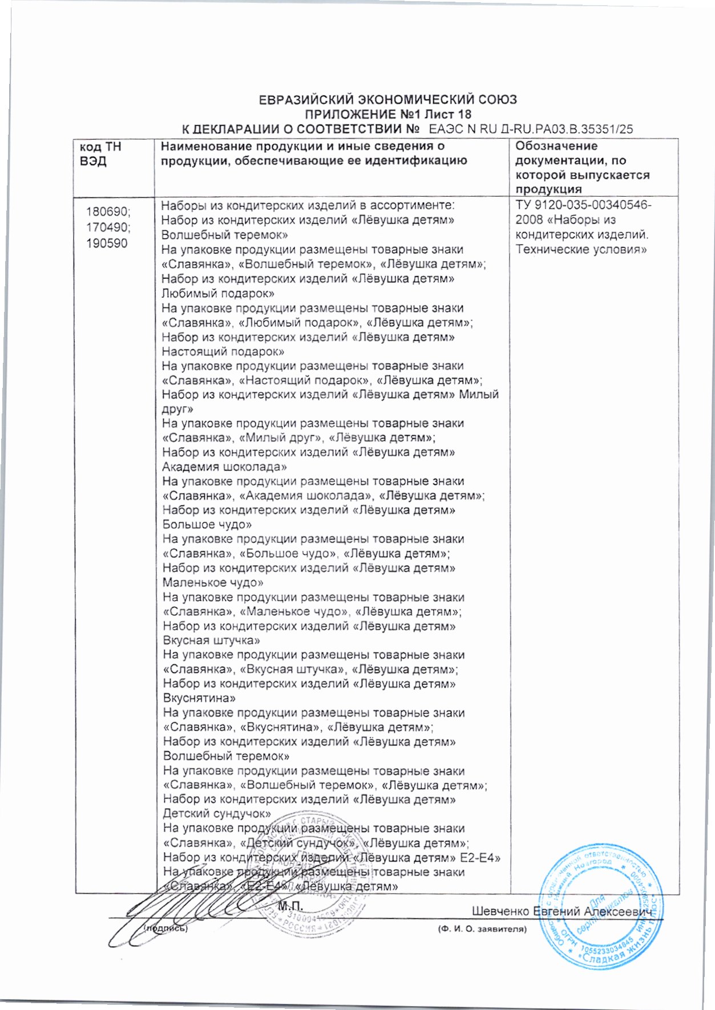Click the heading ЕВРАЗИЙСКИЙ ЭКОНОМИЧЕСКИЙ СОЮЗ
(388, 100)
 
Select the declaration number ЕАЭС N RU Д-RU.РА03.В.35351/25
(531, 129)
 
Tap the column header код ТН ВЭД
(101, 154)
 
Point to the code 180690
(108, 212)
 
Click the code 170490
(108, 228)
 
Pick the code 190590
(107, 244)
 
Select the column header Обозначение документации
(582, 168)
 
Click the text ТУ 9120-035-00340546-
(583, 205)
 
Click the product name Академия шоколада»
(224, 467)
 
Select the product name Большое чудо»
(207, 525)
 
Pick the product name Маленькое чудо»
(213, 583)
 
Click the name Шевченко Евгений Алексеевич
(562, 911)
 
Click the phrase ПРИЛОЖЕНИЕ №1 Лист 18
(388, 115)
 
